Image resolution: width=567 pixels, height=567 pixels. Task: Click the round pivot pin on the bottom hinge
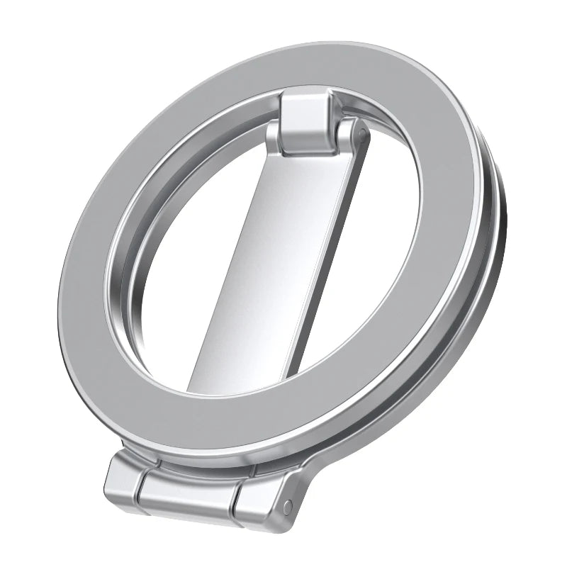[x=288, y=505]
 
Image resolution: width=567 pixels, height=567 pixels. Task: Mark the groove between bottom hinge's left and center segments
[x=142, y=483]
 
